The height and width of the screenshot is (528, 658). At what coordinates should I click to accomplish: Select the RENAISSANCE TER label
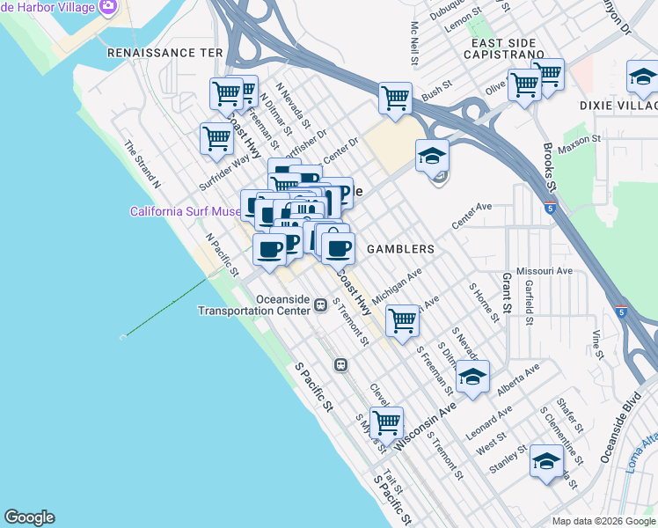pyautogui.click(x=164, y=53)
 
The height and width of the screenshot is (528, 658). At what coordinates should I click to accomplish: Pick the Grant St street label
pyautogui.click(x=508, y=293)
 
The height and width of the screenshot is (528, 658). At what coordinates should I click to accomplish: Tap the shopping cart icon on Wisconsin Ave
pyautogui.click(x=386, y=422)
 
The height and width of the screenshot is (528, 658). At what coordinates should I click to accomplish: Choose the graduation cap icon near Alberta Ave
pyautogui.click(x=472, y=378)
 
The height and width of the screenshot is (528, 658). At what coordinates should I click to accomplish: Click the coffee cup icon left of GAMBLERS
pyautogui.click(x=337, y=249)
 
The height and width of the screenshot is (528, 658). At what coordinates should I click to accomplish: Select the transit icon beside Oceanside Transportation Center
pyautogui.click(x=321, y=305)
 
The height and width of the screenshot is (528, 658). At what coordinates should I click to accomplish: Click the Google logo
pyautogui.click(x=29, y=517)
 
